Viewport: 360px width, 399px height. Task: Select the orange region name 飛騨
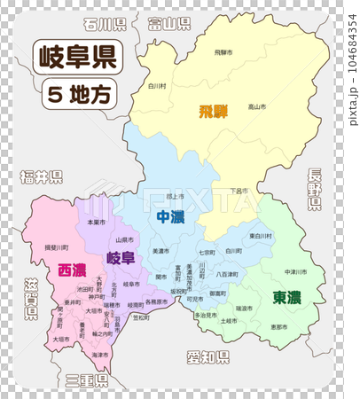pyautogui.click(x=213, y=112)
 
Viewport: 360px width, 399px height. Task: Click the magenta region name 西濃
pyautogui.click(x=72, y=270)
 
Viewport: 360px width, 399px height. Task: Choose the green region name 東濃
pyautogui.click(x=286, y=297)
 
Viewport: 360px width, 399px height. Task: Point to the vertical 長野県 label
pyautogui.click(x=316, y=190)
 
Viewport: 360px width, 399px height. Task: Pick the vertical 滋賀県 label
pyautogui.click(x=31, y=296)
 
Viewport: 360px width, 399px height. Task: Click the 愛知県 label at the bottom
pyautogui.click(x=207, y=357)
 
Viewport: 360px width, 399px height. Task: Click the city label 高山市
pyautogui.click(x=256, y=106)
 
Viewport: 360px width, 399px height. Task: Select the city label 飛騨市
pyautogui.click(x=223, y=53)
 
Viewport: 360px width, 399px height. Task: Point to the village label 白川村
pyautogui.click(x=157, y=86)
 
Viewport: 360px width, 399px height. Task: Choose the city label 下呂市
pyautogui.click(x=237, y=191)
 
